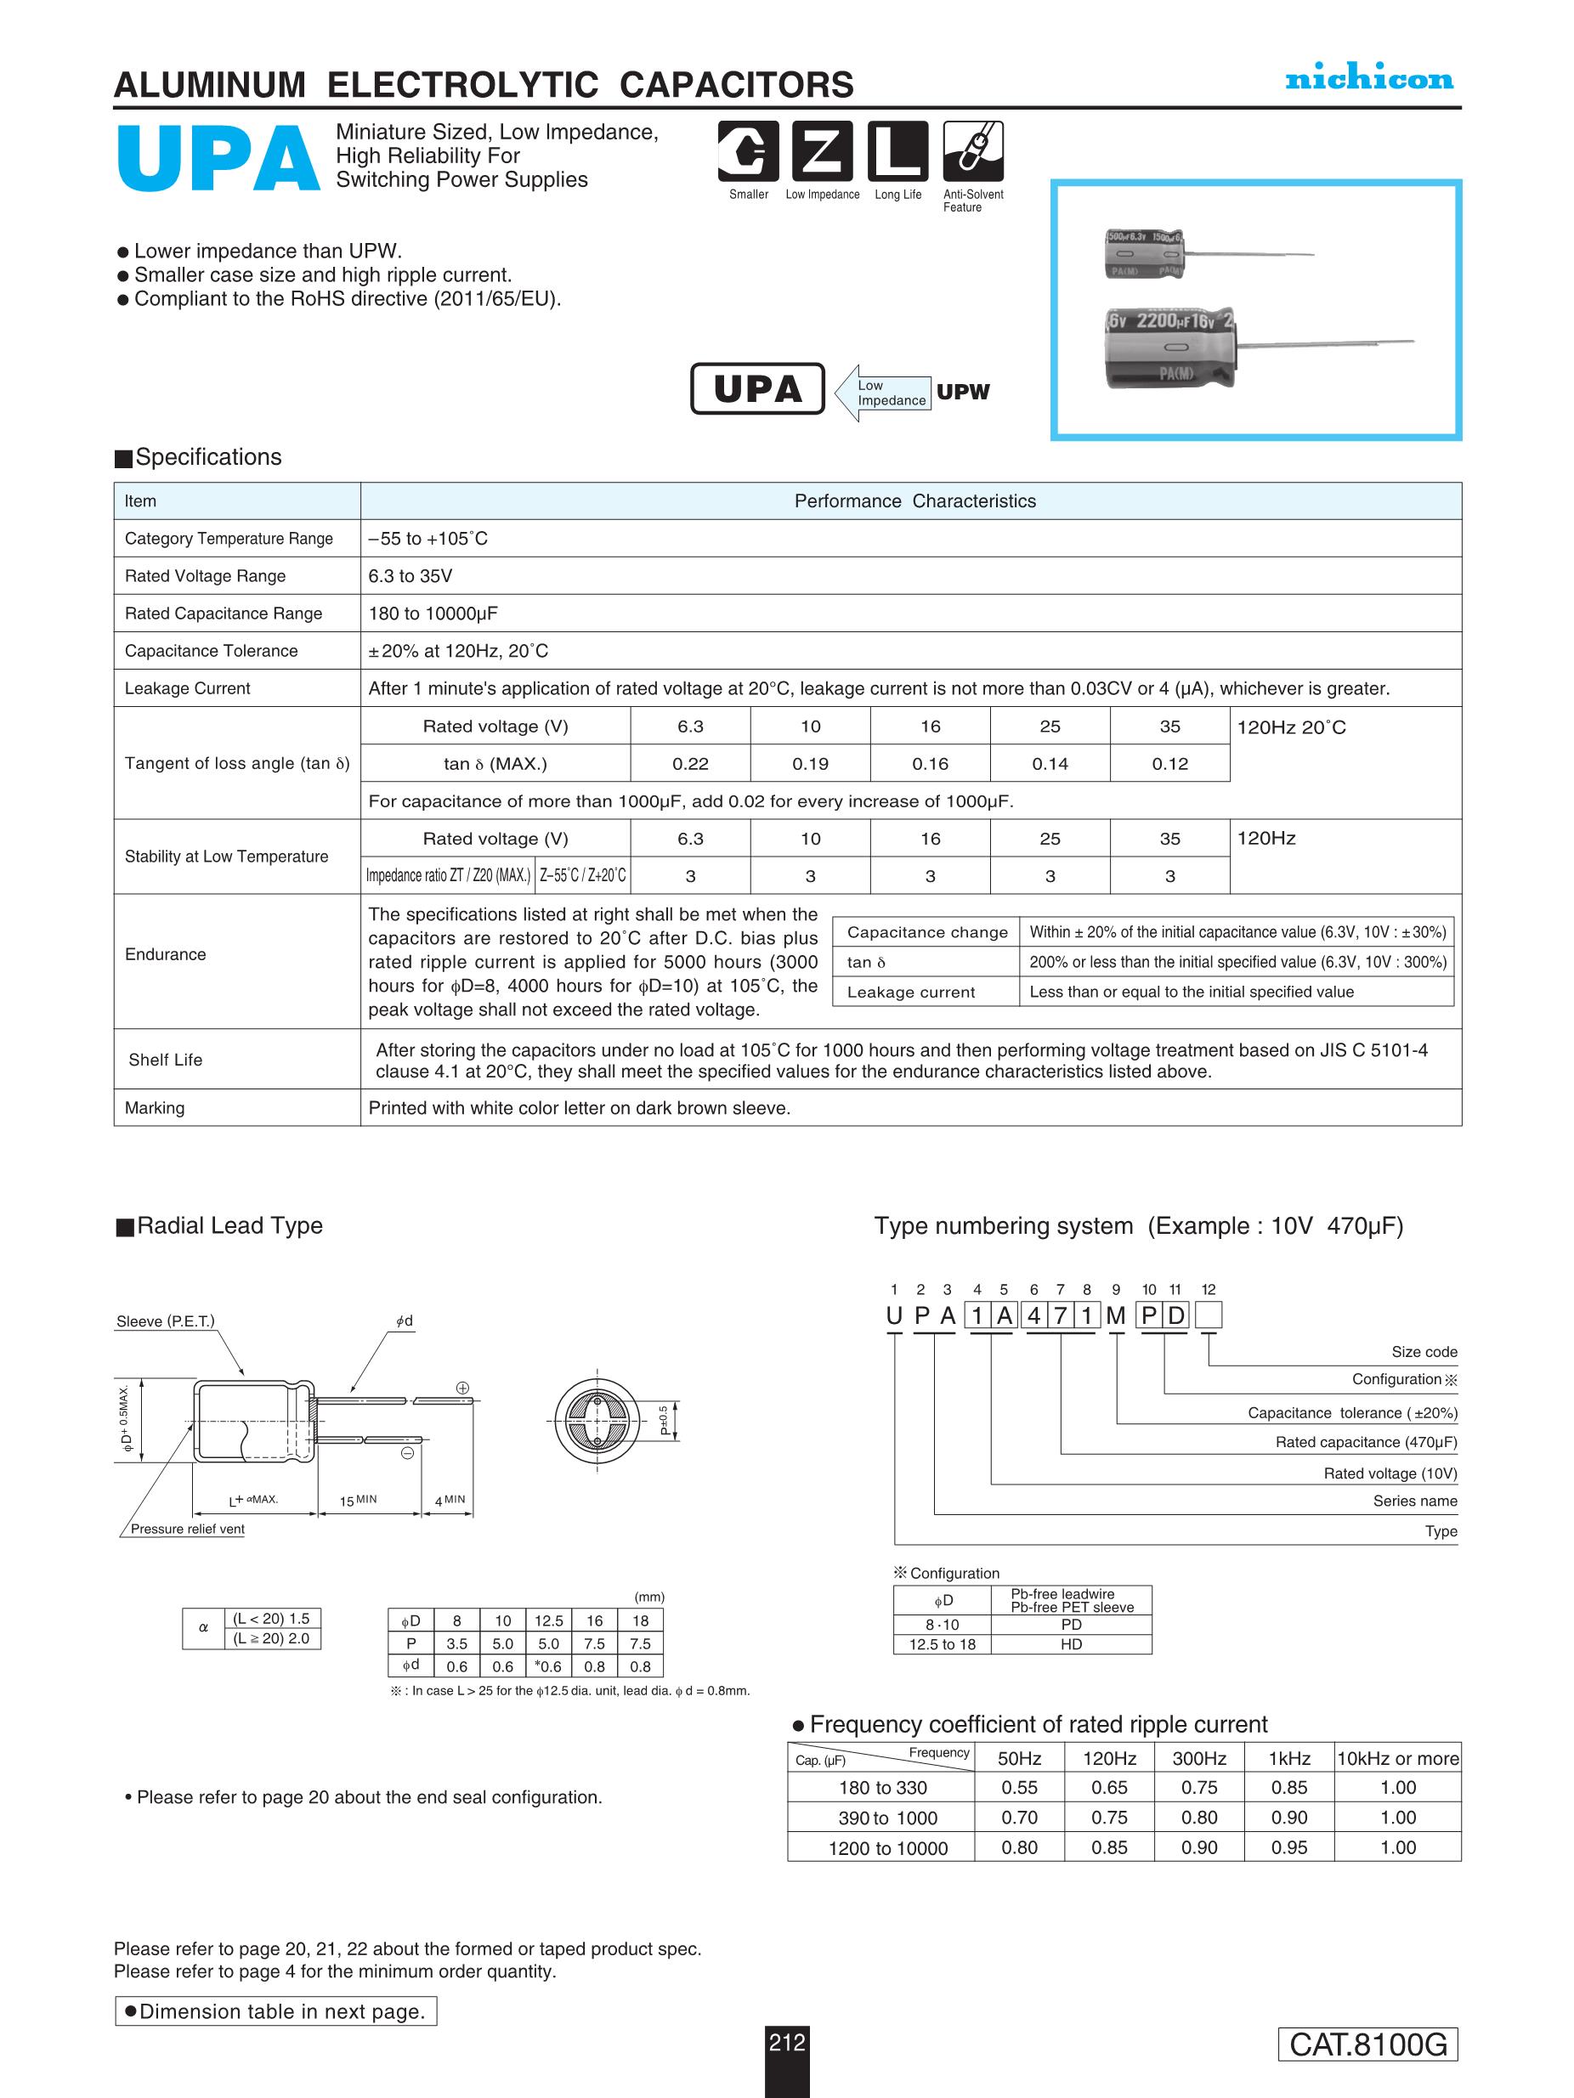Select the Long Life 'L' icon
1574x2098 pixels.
tap(897, 152)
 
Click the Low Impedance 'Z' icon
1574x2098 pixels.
tap(822, 152)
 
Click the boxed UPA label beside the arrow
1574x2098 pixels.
tap(757, 389)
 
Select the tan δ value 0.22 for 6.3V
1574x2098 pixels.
tap(690, 764)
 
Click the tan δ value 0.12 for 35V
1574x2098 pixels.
tap(1169, 764)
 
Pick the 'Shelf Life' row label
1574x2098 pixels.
tap(165, 1060)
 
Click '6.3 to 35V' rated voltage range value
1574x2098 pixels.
tap(410, 576)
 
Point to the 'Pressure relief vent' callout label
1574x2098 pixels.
tap(187, 1529)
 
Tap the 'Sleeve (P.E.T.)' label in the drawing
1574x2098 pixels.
tap(165, 1321)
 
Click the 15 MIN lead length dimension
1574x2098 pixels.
tap(359, 1501)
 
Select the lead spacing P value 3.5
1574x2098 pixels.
tap(456, 1643)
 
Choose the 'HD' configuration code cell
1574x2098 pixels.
tap(1070, 1643)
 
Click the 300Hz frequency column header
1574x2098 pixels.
tap(1199, 1758)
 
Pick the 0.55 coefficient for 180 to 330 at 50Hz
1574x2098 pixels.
tap(1019, 1788)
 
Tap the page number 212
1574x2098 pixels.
tap(786, 2042)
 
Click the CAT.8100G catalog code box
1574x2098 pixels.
tap(1367, 2044)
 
